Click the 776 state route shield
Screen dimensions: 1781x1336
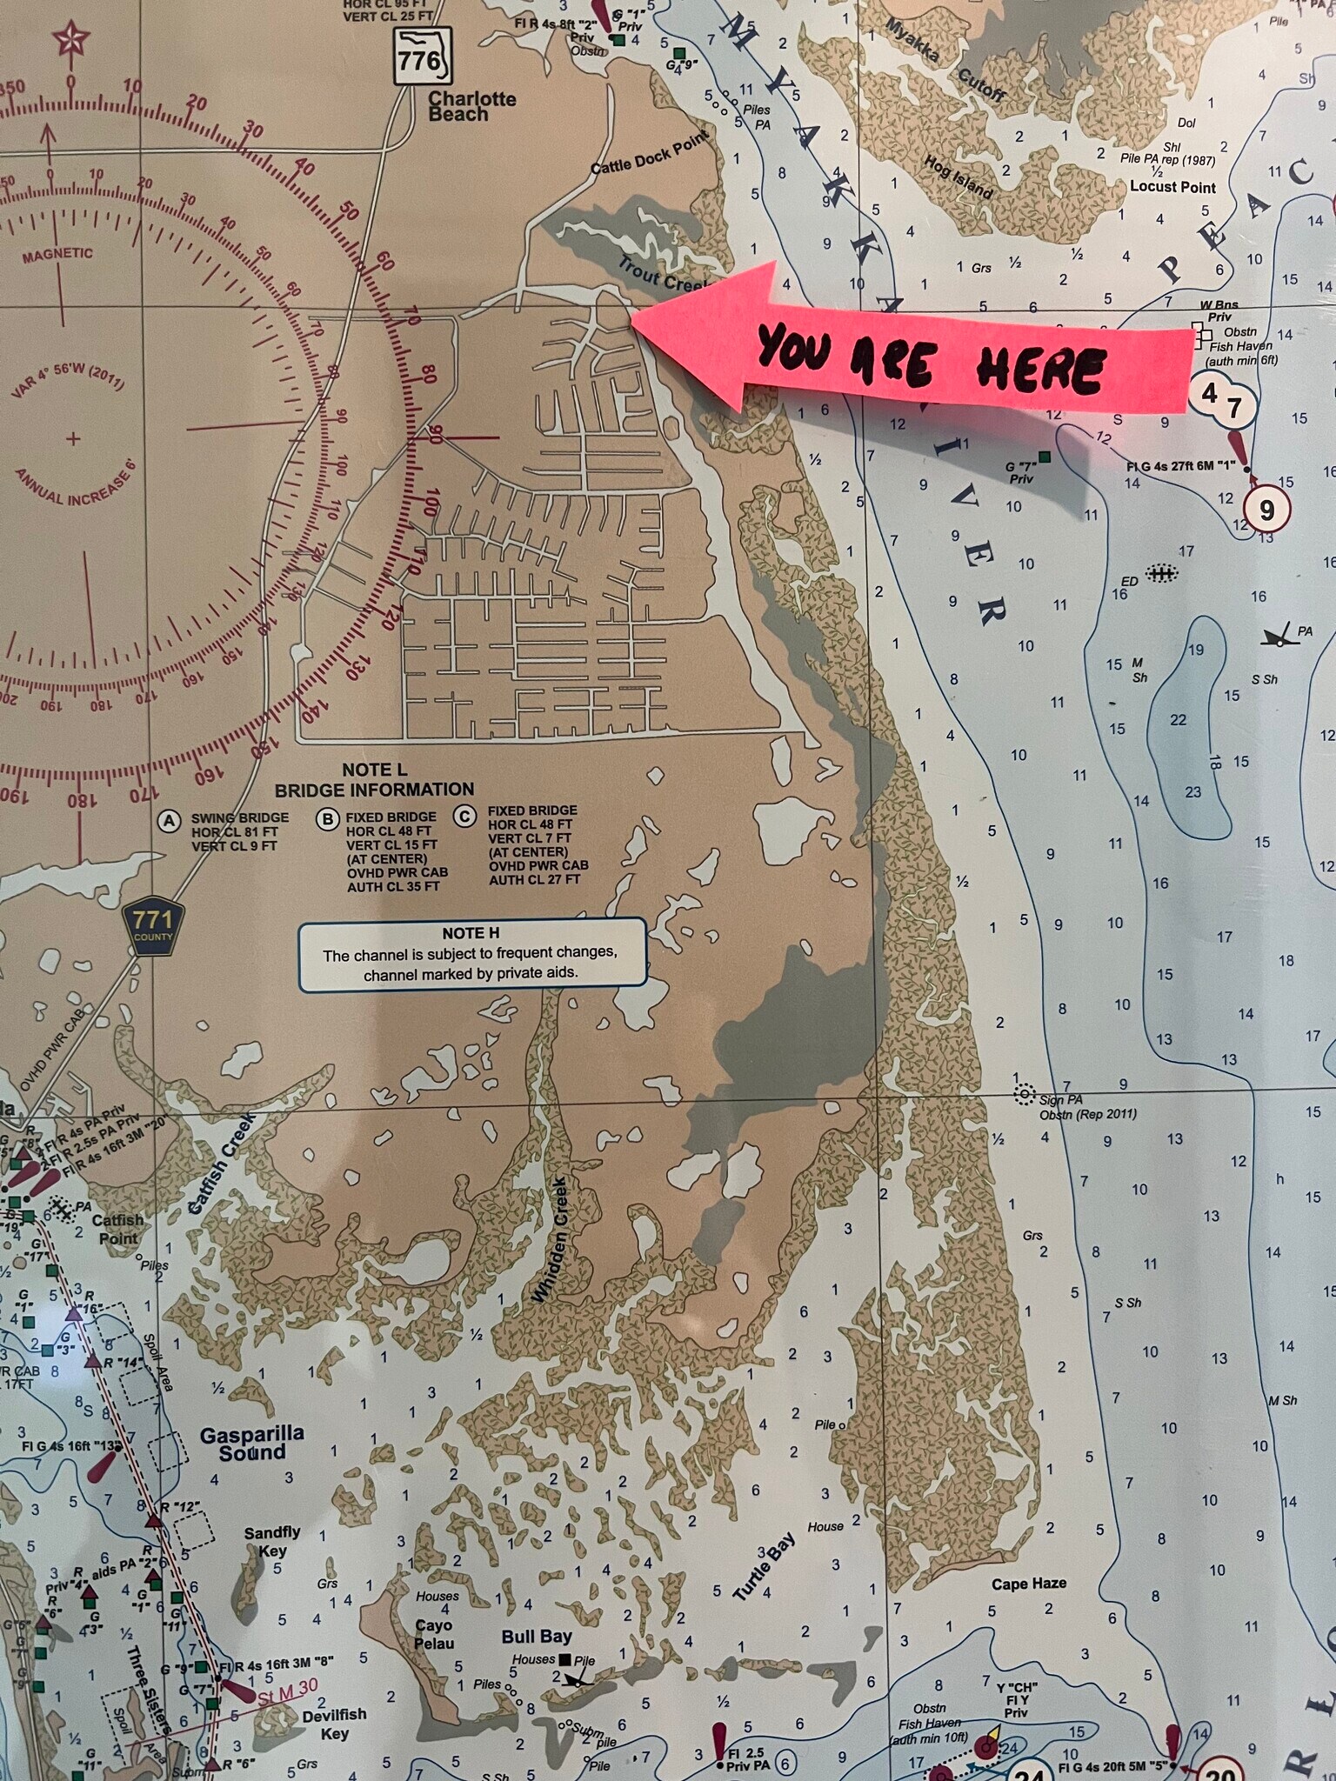coord(422,57)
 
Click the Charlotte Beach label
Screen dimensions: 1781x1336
coord(471,106)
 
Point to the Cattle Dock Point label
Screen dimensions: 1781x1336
coord(649,154)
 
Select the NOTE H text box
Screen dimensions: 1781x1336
coord(472,953)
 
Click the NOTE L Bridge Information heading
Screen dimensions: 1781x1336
coord(374,780)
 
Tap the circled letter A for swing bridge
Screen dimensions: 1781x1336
coord(169,820)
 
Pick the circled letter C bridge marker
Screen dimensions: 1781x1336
coord(465,816)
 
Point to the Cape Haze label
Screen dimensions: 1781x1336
coord(1028,1584)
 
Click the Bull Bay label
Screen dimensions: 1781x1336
coord(536,1636)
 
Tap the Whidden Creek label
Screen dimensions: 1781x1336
coord(551,1240)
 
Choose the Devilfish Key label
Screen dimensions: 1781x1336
coord(335,1724)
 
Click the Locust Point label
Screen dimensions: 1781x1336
coord(1172,186)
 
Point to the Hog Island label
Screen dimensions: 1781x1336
coord(958,177)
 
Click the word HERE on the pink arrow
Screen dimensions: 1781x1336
coord(1039,369)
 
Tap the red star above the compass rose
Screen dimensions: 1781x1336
coord(70,40)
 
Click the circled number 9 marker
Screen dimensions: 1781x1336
coord(1266,510)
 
